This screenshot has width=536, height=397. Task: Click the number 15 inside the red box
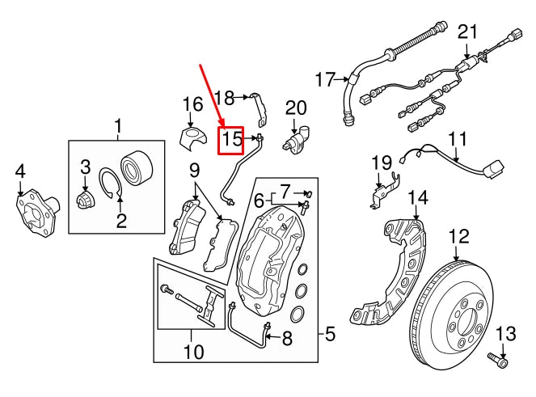coord(232,139)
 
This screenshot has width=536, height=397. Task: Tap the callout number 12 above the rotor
coord(458,236)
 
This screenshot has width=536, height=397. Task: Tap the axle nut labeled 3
coord(85,198)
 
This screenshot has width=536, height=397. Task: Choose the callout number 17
coord(325,79)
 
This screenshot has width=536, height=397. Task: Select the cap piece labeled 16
coord(191,135)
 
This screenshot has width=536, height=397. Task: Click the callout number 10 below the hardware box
coord(193,352)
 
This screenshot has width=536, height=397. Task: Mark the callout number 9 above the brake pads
coord(194,171)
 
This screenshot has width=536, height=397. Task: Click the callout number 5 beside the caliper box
coord(328,332)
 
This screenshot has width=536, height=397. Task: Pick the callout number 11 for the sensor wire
coord(458,138)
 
